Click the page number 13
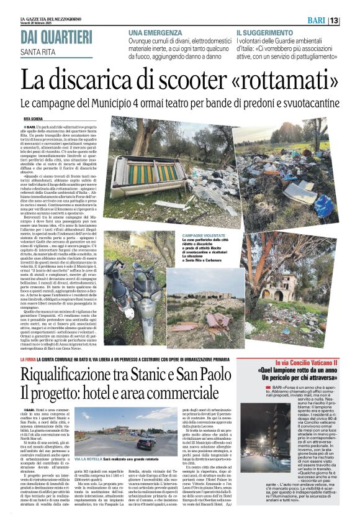351,21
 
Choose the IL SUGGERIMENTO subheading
268,32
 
